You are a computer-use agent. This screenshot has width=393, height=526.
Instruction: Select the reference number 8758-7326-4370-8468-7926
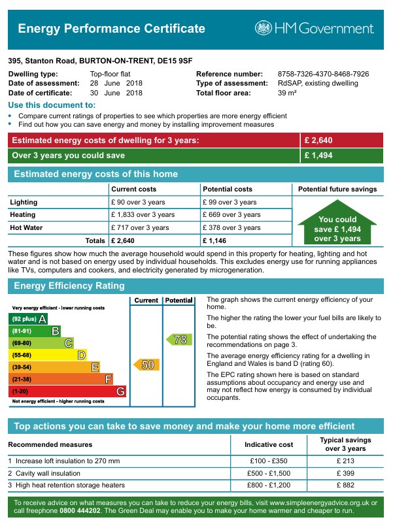click(x=323, y=74)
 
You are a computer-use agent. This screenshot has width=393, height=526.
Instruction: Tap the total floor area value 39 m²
click(x=287, y=93)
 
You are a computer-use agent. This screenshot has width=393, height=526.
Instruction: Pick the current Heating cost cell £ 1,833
click(x=143, y=215)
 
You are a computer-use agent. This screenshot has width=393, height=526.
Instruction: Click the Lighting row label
click(x=24, y=203)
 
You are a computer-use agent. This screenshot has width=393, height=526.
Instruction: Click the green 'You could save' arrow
click(x=337, y=226)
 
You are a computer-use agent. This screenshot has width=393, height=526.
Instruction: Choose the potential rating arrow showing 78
click(x=179, y=339)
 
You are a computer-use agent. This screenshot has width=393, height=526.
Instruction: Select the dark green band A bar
click(x=29, y=318)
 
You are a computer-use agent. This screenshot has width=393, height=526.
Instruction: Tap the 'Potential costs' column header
click(x=228, y=189)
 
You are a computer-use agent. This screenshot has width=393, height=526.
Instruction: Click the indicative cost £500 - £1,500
click(x=268, y=473)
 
